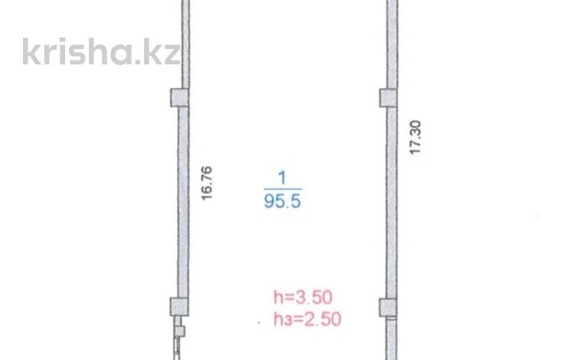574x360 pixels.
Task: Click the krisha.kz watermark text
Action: click(101, 51)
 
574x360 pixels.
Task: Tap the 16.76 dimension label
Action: click(207, 183)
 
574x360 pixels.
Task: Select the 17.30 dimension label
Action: click(415, 137)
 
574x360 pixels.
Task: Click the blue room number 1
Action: click(282, 178)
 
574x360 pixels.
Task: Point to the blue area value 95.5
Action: click(282, 201)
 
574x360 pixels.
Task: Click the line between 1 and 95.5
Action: click(282, 189)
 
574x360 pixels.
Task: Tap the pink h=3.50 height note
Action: click(303, 297)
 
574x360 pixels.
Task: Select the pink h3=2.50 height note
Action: click(308, 319)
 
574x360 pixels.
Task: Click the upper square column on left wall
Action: click(180, 98)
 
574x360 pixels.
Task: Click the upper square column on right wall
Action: click(388, 98)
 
